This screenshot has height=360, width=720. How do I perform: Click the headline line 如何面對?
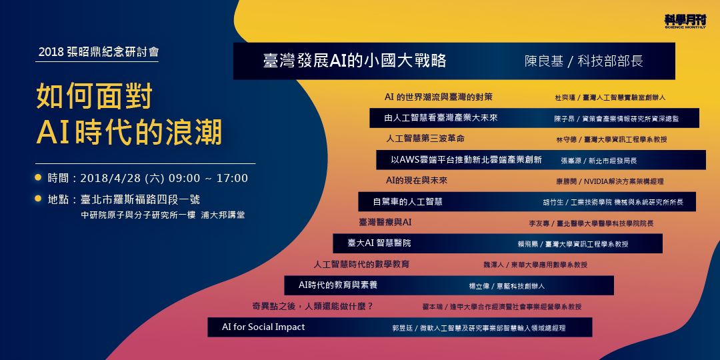click(95, 97)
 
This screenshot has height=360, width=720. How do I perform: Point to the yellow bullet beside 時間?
click(39, 178)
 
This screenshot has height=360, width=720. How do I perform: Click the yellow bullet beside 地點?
click(39, 199)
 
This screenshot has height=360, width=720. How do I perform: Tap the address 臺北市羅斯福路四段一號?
click(140, 199)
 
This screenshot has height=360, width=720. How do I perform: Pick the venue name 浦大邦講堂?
click(223, 215)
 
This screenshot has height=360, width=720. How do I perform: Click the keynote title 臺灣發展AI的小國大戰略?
click(355, 61)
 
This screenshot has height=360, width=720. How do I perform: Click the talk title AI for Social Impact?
click(263, 327)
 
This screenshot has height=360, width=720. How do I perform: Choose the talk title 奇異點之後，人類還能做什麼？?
click(312, 306)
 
